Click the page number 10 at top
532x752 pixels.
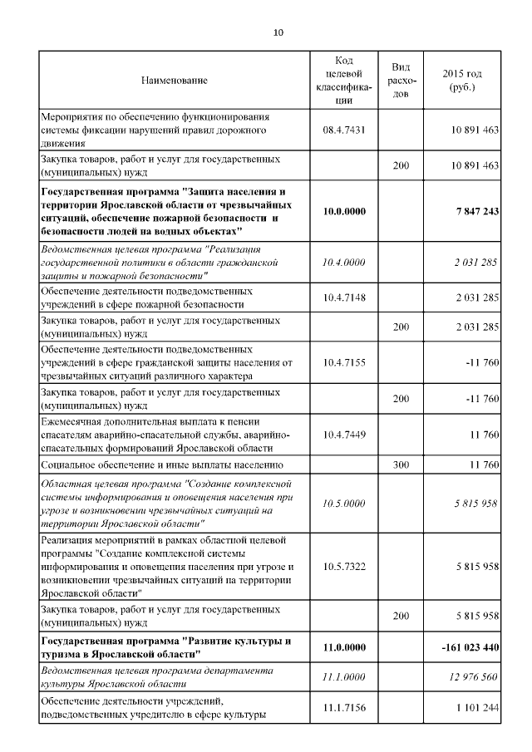click(x=278, y=32)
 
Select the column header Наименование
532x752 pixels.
click(x=174, y=81)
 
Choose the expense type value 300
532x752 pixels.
click(x=401, y=464)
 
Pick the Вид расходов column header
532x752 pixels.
click(x=401, y=81)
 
